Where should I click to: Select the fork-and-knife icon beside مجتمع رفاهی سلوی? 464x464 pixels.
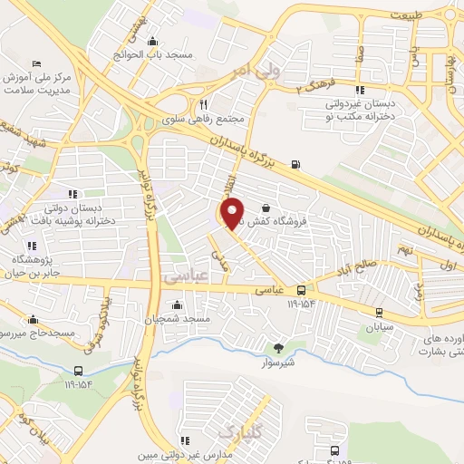[203, 104]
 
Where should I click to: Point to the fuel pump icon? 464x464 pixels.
[295, 164]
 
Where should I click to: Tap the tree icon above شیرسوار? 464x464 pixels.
[278, 346]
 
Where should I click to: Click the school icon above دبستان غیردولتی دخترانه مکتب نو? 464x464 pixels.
[360, 90]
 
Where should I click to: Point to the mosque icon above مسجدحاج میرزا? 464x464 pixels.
[34, 319]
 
